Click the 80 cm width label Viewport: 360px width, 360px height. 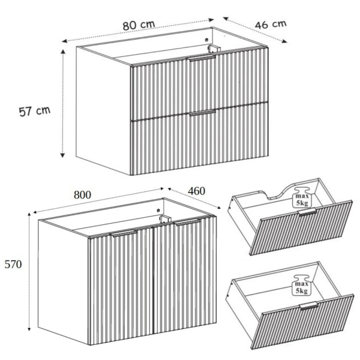[x=139, y=25]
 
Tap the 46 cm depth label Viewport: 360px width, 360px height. [x=271, y=25]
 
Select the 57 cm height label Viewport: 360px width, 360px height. [x=34, y=111]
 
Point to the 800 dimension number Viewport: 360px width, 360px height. [x=82, y=195]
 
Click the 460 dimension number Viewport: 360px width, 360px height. [x=197, y=191]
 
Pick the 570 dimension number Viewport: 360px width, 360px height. [x=13, y=264]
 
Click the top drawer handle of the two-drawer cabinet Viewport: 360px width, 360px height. [x=202, y=58]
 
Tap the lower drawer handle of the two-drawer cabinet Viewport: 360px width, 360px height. [x=203, y=113]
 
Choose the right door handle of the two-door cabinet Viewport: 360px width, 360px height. [x=187, y=222]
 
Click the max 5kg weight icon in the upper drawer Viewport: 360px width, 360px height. [x=302, y=197]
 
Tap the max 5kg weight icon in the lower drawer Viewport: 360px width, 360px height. [x=301, y=285]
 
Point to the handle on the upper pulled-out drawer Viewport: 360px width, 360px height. [x=307, y=212]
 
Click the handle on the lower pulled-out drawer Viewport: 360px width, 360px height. [x=309, y=306]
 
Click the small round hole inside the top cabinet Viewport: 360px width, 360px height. [x=206, y=40]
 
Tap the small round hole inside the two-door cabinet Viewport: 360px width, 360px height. [x=158, y=210]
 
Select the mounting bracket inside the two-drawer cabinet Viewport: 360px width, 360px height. [x=214, y=49]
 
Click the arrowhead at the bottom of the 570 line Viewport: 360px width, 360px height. [x=29, y=329]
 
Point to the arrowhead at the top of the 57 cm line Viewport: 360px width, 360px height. [x=62, y=52]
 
